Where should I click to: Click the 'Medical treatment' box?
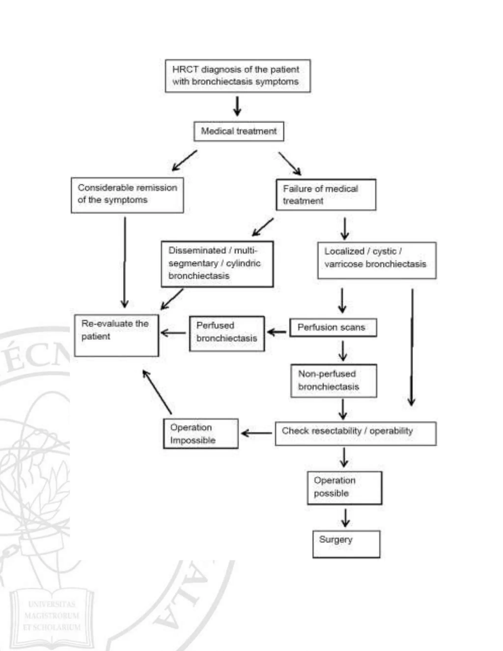click(239, 131)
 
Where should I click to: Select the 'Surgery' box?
click(346, 544)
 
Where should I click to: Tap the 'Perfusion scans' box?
click(333, 327)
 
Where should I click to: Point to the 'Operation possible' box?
click(345, 488)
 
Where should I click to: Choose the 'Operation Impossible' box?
click(201, 433)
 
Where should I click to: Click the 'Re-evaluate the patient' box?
click(116, 335)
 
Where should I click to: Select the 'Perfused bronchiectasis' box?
click(227, 334)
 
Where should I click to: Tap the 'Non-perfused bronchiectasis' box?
click(334, 381)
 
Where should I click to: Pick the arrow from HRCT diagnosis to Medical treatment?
click(237, 106)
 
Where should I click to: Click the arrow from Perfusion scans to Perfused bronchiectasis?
click(277, 332)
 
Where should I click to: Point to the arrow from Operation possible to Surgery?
click(345, 518)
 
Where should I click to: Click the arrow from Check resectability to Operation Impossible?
click(256, 433)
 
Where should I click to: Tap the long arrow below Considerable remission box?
click(125, 262)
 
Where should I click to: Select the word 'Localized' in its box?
click(344, 251)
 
